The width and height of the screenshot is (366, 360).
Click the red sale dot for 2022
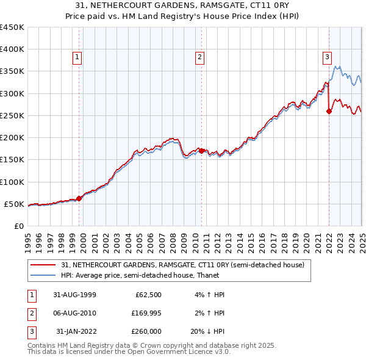[329, 111]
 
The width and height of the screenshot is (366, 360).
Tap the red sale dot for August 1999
[79, 198]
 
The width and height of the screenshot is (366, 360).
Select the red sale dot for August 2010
[202, 151]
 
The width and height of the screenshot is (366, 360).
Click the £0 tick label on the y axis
[19, 226]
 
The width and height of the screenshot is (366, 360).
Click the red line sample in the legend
[43, 265]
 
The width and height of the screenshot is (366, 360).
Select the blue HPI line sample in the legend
[43, 275]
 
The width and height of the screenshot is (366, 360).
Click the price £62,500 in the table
[147, 295]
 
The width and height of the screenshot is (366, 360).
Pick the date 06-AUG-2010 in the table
[76, 313]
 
